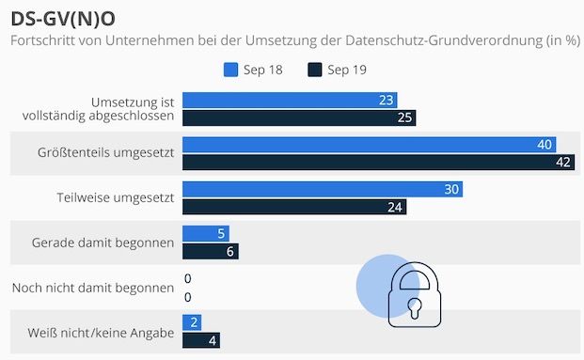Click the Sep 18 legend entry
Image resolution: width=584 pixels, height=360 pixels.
pos(250,70)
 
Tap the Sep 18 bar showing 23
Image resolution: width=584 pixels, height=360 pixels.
pos(290,101)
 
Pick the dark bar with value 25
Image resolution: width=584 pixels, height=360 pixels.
pos(299,117)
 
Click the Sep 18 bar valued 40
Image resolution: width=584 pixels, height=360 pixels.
pos(369,145)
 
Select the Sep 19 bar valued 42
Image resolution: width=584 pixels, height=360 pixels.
pos(378,162)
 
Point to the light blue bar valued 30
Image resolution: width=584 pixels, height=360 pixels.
pos(322,190)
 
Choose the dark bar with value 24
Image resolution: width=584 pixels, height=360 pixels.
pos(294,207)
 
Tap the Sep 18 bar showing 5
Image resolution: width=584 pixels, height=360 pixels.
pos(205,234)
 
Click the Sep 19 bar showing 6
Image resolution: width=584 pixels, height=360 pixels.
pos(210,251)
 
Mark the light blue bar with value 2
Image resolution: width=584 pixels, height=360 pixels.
pos(191,322)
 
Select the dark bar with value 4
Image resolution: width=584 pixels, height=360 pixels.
pos(200,339)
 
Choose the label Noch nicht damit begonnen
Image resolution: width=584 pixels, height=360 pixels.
pos(93,288)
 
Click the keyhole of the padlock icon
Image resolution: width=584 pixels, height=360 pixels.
pos(415,306)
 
